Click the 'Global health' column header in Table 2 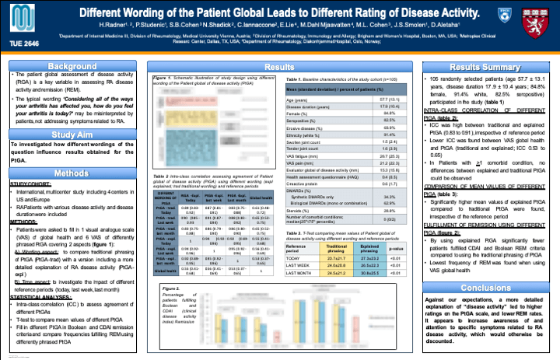[x=261, y=198]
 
